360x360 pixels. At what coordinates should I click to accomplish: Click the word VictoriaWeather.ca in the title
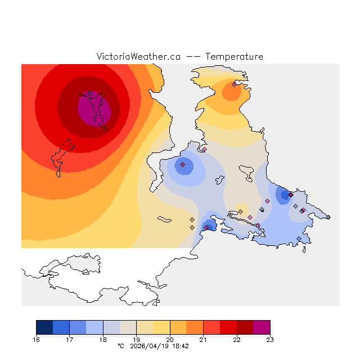point(138,57)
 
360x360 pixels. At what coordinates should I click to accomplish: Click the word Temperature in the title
point(234,57)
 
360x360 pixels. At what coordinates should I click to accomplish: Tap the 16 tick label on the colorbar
point(36,340)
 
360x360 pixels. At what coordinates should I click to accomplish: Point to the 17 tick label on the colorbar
point(69,340)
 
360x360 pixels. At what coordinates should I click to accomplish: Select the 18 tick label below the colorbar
point(103,340)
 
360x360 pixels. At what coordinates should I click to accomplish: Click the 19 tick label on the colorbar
point(136,340)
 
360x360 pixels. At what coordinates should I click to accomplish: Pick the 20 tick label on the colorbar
point(170,340)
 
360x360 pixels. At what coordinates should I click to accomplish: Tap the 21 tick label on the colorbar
point(203,340)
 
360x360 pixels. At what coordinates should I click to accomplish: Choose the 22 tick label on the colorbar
point(237,340)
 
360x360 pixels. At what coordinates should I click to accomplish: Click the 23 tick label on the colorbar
point(270,340)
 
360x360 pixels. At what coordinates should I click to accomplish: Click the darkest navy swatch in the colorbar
point(44,327)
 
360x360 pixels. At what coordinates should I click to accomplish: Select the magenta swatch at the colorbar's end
point(262,327)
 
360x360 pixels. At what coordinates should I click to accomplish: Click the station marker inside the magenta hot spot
point(89,93)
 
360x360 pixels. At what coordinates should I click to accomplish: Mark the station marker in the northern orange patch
point(234,84)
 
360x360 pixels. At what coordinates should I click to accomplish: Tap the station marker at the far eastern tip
point(328,217)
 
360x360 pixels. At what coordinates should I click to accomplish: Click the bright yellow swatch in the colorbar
point(161,327)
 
